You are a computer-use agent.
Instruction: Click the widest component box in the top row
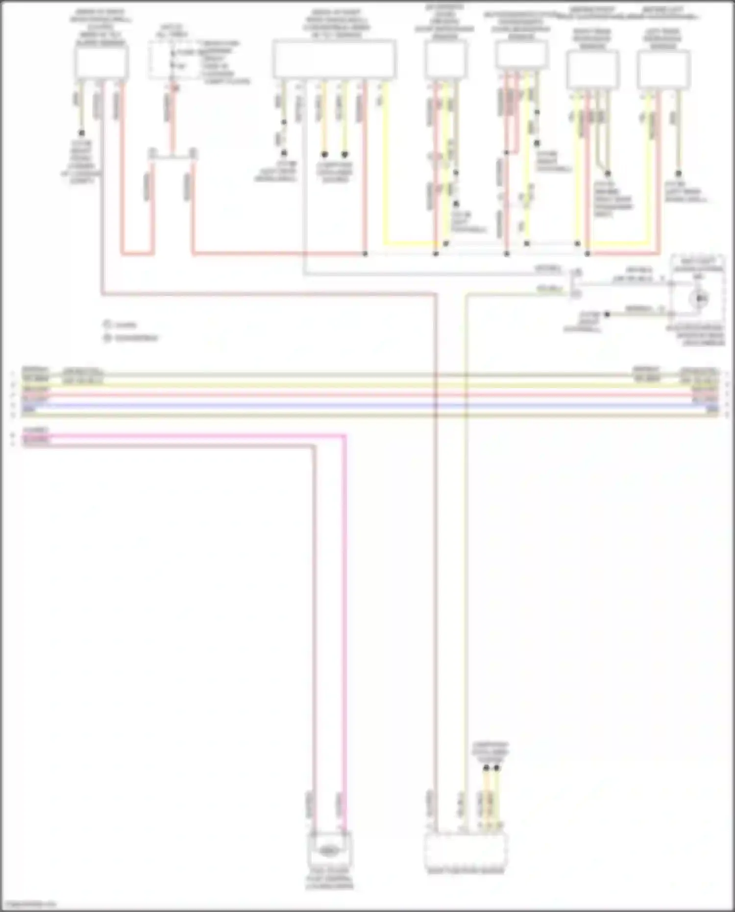tap(334, 59)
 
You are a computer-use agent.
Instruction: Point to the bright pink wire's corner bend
tap(344, 436)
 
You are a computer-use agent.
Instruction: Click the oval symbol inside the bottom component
tap(328, 851)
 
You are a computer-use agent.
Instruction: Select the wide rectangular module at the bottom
tap(465, 851)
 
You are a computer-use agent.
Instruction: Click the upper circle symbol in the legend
tap(107, 324)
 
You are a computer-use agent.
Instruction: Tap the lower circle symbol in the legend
tap(107, 338)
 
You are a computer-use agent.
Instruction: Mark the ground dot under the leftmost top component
tap(82, 133)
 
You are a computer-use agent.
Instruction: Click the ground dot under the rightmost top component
tap(679, 173)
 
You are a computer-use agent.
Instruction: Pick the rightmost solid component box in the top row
tap(663, 69)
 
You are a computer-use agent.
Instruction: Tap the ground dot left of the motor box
tap(607, 314)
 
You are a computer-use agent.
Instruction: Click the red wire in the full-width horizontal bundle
tap(367, 395)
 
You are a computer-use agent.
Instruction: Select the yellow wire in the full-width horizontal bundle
tap(367, 386)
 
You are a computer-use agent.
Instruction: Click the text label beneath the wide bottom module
tap(465, 871)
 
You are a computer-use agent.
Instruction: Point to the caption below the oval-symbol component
tap(329, 882)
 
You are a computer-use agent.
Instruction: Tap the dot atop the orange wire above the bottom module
tap(486, 768)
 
